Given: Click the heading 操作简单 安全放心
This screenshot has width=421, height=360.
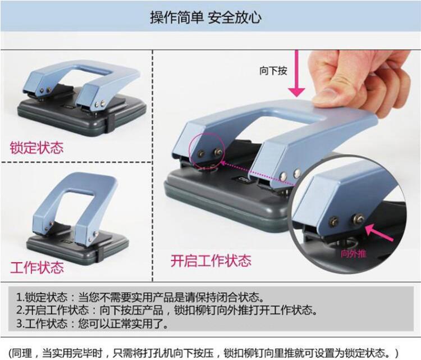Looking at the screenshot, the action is [205, 18].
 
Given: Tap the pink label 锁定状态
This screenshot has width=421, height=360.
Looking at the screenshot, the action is [37, 148].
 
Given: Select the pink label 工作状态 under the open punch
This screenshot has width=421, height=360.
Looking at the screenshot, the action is [37, 267].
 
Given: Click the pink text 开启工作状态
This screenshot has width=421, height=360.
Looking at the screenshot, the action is [211, 261].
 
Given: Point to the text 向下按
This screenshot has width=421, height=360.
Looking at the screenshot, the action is [273, 71].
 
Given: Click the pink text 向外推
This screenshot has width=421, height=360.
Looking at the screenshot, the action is [353, 254].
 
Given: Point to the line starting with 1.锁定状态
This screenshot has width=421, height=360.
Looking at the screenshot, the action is [141, 298].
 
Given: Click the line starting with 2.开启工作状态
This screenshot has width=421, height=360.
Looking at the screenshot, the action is [167, 311].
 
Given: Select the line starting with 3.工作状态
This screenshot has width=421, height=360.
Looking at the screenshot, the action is [93, 323].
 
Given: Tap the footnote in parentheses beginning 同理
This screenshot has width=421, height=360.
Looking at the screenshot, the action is [204, 353].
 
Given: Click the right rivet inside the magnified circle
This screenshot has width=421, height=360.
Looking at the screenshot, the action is [358, 217].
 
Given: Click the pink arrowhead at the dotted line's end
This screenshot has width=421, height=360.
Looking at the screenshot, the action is [223, 163].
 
